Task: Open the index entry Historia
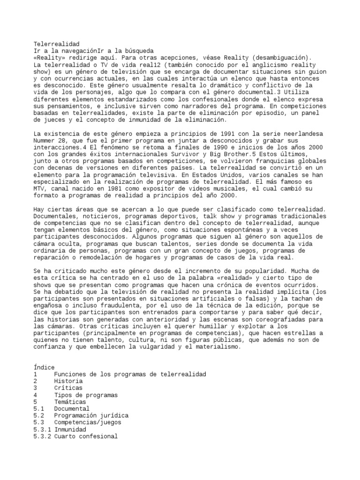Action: coord(68,381)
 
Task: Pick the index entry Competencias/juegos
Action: coord(87,422)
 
